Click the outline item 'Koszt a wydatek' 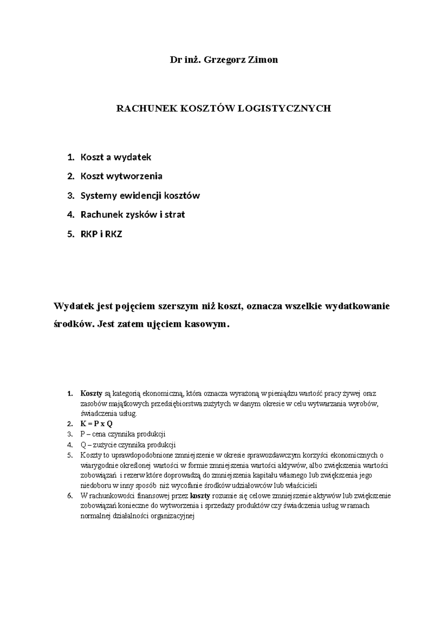[x=115, y=157]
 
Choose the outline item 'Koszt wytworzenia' [x=121, y=176]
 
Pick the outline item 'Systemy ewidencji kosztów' [x=140, y=196]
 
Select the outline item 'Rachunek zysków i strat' [x=133, y=215]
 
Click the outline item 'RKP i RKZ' [x=101, y=234]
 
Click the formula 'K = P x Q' [x=96, y=424]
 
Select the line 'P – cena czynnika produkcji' [x=122, y=434]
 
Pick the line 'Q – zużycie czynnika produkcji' [x=128, y=445]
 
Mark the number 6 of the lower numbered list [x=69, y=496]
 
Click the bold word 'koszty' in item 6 [x=200, y=496]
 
